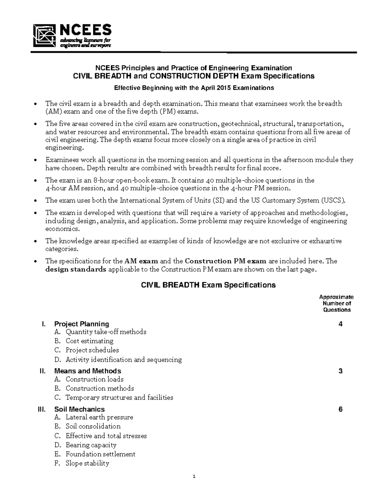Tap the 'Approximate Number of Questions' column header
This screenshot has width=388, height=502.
coord(337,303)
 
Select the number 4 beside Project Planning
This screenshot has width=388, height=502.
coord(340,324)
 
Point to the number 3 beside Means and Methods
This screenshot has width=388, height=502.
coord(340,371)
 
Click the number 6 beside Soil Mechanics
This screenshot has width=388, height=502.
coord(340,409)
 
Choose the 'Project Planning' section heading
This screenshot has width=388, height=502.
coord(81,324)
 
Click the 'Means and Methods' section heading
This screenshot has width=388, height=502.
coord(88,371)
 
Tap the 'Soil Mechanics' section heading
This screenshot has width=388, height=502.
coord(80,409)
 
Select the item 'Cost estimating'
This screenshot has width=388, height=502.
coord(90,341)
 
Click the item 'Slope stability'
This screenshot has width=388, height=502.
coord(87,463)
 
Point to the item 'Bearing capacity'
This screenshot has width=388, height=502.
coord(91,445)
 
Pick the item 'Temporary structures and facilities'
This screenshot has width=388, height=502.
coord(119,397)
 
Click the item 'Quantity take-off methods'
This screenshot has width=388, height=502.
coord(106,332)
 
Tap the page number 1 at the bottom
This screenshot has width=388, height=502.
coord(194,476)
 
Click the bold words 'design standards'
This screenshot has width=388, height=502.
coord(76,269)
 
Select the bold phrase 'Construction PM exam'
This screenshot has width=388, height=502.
coord(226,261)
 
